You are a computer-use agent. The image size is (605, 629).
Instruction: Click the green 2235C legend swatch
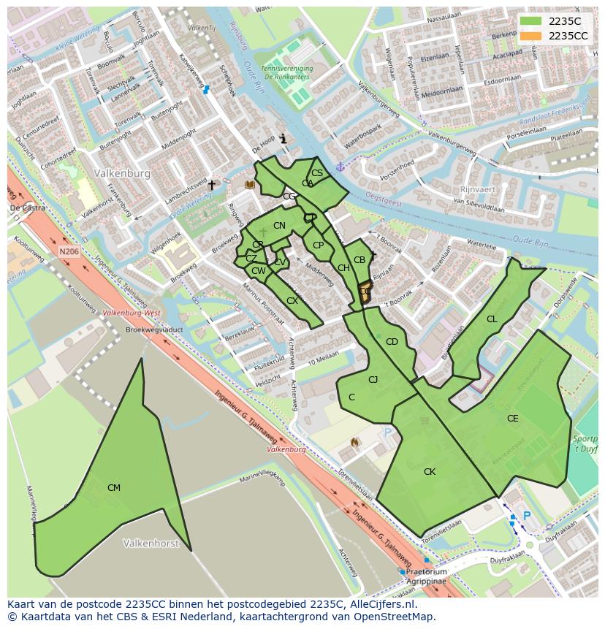coord(531,21)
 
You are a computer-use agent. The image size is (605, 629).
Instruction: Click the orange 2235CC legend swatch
coord(531,36)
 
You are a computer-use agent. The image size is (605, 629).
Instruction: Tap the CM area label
coord(114,488)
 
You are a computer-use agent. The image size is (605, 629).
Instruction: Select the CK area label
coord(430,472)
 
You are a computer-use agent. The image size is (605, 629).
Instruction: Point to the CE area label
coord(513,419)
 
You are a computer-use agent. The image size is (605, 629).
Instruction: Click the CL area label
coord(492,319)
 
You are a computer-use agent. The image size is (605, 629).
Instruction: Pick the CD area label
coord(392,342)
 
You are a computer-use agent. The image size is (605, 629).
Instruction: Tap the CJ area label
coord(373,379)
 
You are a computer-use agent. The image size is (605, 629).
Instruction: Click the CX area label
coord(292,301)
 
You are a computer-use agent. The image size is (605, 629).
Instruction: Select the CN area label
coord(279,226)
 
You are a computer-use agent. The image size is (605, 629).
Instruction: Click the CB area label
coord(359,260)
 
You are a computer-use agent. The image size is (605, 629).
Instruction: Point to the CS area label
coord(317,173)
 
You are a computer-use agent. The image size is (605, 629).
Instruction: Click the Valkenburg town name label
coord(122,174)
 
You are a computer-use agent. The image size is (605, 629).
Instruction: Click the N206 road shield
coord(69,251)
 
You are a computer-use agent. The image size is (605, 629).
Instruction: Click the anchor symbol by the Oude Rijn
coord(339,167)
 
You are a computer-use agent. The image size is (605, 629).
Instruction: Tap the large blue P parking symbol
coord(526,516)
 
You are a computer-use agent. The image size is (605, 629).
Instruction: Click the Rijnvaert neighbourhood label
coord(479,188)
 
